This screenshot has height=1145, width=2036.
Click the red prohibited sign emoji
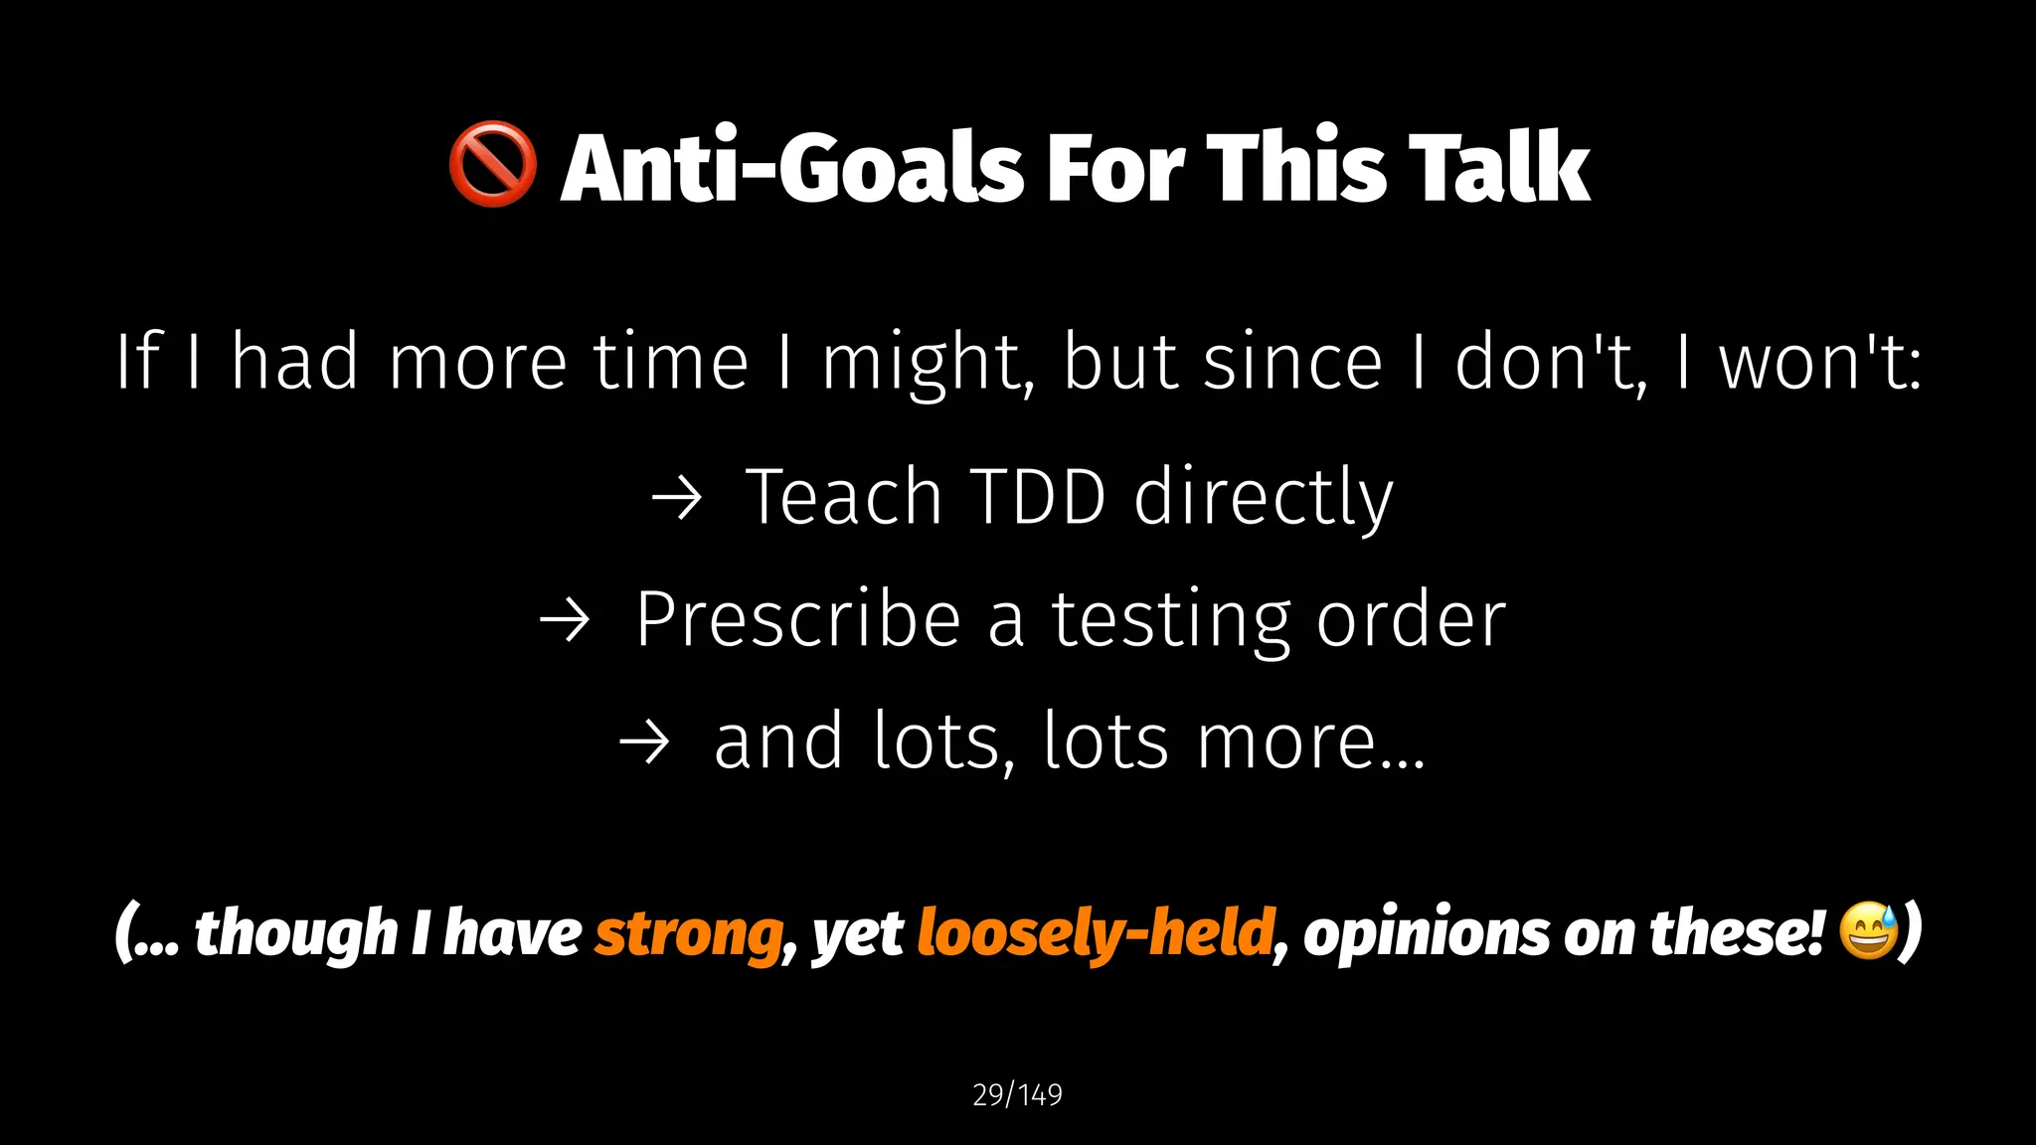point(492,165)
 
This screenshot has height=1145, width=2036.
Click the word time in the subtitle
point(671,363)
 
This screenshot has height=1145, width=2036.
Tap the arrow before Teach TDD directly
point(677,498)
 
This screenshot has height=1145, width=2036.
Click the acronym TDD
point(1037,497)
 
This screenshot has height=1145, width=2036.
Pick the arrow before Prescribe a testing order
point(565,621)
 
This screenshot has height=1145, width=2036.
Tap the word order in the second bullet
point(1411,620)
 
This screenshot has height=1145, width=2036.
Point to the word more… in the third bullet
point(1311,742)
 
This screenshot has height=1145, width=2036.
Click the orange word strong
point(689,933)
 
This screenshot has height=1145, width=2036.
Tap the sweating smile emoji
point(1868,930)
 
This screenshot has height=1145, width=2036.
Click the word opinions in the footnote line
point(1426,935)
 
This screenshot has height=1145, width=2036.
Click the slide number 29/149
point(1017,1094)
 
